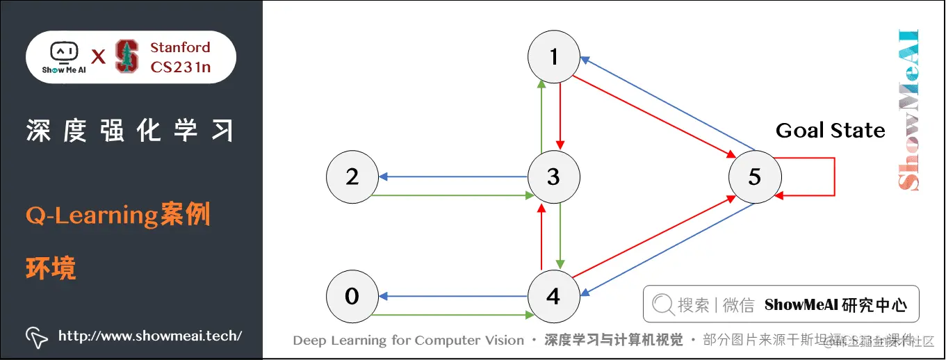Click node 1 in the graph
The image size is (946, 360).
click(553, 57)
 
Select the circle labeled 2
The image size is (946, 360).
click(352, 177)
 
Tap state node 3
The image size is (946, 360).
click(553, 177)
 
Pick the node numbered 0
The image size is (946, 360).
click(352, 297)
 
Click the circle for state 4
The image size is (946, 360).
click(553, 297)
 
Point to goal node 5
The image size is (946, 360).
click(754, 177)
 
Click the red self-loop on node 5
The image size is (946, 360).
click(833, 177)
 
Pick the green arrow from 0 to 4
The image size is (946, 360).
click(452, 315)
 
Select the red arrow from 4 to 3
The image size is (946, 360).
click(541, 236)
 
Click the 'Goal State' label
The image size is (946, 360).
click(830, 131)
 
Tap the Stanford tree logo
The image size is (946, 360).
click(127, 56)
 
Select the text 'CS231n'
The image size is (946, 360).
click(180, 67)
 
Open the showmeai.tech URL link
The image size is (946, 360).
click(149, 336)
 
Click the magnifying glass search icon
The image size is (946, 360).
click(663, 304)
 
